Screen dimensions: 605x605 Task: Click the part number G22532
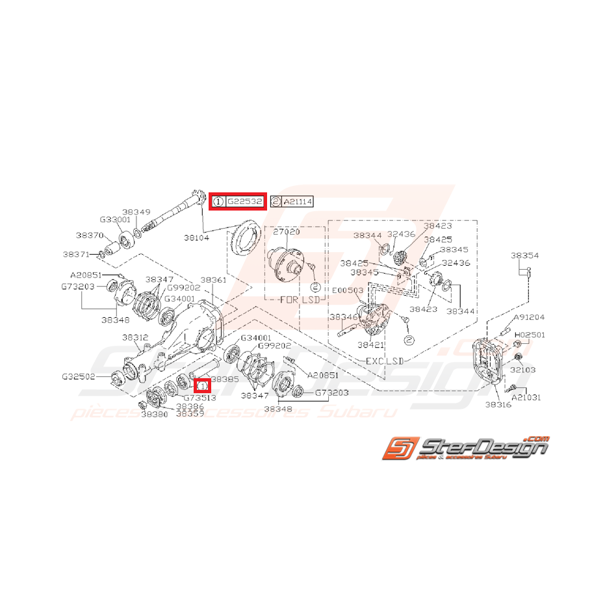tap(244, 202)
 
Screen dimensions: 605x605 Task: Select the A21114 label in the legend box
tap(297, 202)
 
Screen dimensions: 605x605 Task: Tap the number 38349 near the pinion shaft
tap(136, 212)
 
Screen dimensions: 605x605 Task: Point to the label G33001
tap(114, 220)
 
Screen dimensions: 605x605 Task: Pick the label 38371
tap(77, 254)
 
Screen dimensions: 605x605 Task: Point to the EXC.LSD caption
tap(380, 359)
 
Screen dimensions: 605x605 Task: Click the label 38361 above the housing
tap(213, 279)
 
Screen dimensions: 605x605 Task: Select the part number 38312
tap(136, 337)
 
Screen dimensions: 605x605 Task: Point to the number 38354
tap(524, 256)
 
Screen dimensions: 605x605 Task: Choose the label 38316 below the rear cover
tap(498, 404)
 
